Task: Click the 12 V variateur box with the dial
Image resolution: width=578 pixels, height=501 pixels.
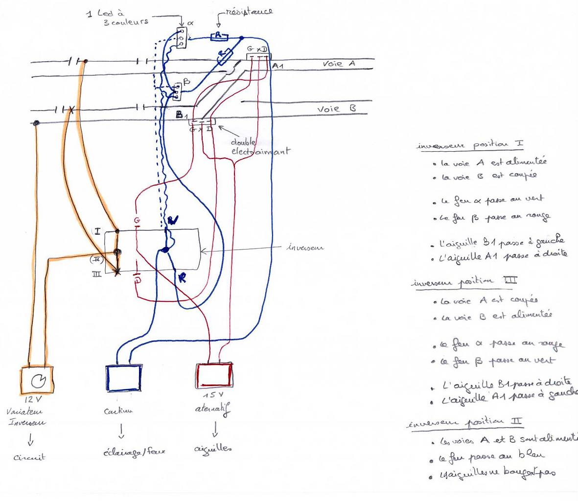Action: click(x=37, y=380)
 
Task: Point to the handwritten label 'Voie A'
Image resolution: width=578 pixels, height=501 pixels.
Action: click(x=339, y=64)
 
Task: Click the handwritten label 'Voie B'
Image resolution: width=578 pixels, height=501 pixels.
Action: click(x=336, y=109)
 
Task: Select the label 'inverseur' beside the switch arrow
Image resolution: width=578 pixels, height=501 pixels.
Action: click(x=304, y=248)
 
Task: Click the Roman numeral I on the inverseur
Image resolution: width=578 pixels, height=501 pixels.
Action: click(x=97, y=231)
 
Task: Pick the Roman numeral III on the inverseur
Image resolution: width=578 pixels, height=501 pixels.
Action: click(x=97, y=275)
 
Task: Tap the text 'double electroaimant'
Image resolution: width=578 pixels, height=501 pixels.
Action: click(x=259, y=146)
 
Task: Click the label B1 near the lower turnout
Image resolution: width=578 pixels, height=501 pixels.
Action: click(x=182, y=115)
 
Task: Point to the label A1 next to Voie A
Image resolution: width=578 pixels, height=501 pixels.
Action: click(x=277, y=66)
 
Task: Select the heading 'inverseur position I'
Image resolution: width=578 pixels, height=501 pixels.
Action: click(x=470, y=145)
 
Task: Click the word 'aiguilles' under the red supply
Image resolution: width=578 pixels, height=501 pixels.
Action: click(x=213, y=448)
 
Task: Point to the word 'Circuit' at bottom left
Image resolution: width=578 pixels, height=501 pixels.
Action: click(x=29, y=457)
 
